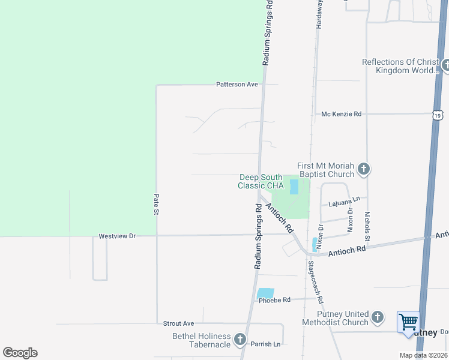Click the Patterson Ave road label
tap(237, 85)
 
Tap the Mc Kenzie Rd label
tap(342, 113)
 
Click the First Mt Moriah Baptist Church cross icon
tap(363, 169)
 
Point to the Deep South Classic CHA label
tap(261, 181)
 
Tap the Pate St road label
tap(156, 204)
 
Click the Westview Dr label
tap(118, 236)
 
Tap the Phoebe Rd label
tap(274, 300)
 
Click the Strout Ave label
tap(179, 323)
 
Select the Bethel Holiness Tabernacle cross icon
tap(240, 340)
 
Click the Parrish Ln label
tap(265, 344)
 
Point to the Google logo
tap(20, 353)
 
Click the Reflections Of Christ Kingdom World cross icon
tap(445, 65)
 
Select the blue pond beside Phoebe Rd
tap(265, 293)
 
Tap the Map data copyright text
tap(423, 355)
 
